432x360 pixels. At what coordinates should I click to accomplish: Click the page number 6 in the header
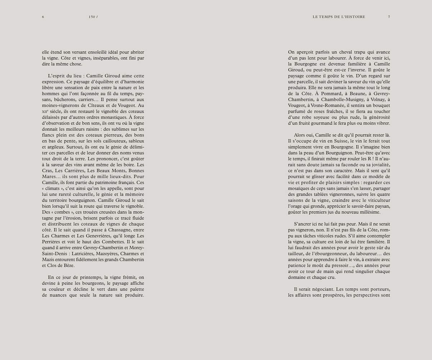pyautogui.click(x=43, y=17)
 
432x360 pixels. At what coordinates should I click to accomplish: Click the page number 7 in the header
pyautogui.click(x=389, y=17)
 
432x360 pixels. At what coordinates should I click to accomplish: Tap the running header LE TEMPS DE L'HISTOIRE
pyautogui.click(x=339, y=17)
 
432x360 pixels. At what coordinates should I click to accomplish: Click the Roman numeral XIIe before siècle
pyautogui.click(x=45, y=112)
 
